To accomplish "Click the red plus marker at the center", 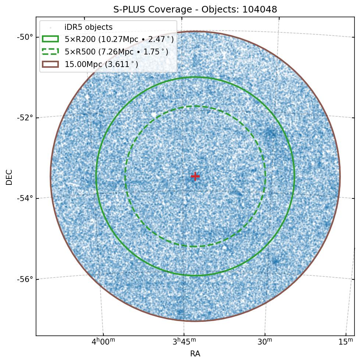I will (195, 176).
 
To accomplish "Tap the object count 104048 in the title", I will (260, 10).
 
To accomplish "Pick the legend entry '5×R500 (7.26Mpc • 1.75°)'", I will (117, 52).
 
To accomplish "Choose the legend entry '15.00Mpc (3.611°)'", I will (101, 64).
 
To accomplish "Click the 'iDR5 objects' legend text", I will (88, 27).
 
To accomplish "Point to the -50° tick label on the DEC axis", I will (24, 37).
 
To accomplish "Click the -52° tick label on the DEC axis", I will (24, 118).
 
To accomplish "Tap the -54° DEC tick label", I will (24, 198).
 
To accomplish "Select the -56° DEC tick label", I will (24, 279).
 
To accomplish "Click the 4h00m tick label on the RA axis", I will (103, 342).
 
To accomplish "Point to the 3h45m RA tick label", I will (184, 342).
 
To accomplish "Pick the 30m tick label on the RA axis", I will (265, 342).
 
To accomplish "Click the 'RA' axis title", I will (195, 354).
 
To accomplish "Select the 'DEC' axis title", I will (9, 177).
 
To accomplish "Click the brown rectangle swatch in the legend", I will (50, 64).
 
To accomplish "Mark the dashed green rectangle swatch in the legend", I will (50, 52).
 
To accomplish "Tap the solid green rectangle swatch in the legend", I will (50, 39).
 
